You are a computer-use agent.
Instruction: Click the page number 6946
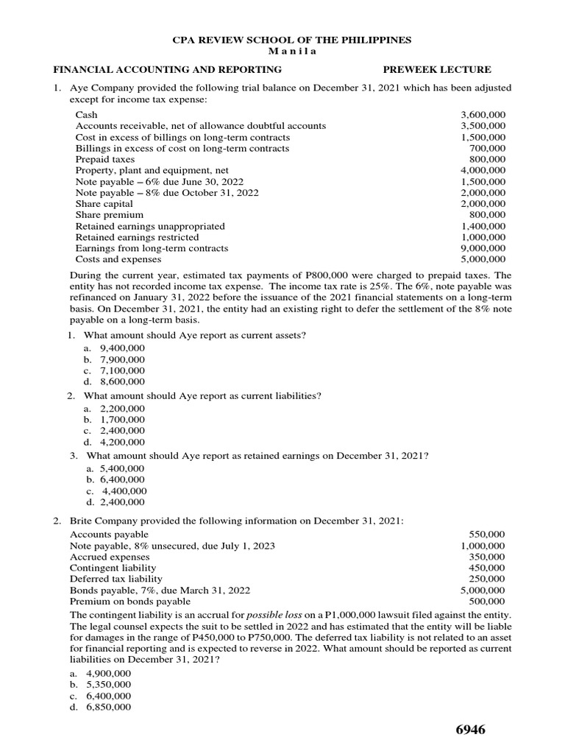coord(471,730)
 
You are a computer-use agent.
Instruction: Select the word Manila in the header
coord(282,51)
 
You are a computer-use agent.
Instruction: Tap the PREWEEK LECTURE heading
coord(437,70)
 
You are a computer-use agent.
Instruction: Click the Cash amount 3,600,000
coord(483,115)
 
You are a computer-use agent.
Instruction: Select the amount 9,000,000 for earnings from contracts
coord(483,248)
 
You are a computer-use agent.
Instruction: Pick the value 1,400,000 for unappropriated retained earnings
coord(483,226)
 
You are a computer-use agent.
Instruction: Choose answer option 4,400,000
coord(124,491)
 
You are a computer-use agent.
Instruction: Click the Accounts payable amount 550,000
coord(486,534)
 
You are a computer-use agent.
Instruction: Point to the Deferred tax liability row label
coord(116,579)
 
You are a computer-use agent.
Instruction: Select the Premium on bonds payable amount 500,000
coord(486,602)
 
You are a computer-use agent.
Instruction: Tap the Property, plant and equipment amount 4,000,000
coord(483,170)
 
